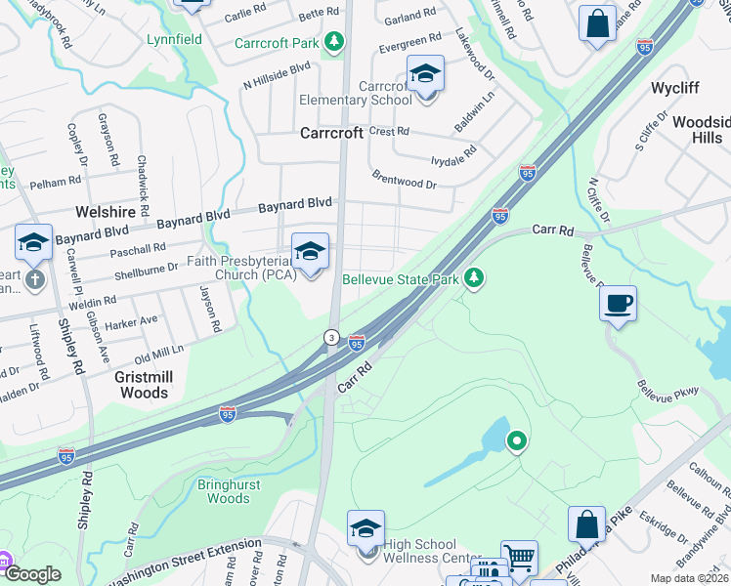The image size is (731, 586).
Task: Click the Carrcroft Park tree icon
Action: pyautogui.click(x=335, y=42)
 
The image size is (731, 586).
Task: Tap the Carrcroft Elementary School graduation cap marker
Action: pyautogui.click(x=425, y=74)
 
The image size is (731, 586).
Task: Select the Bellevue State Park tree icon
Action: pyautogui.click(x=474, y=279)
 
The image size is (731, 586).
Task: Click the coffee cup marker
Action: pyautogui.click(x=618, y=303)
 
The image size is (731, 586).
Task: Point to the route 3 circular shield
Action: pyautogui.click(x=332, y=337)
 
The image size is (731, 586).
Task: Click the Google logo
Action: pyautogui.click(x=32, y=574)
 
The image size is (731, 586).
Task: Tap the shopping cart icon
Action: pyautogui.click(x=519, y=558)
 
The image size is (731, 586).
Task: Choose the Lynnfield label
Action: pyautogui.click(x=172, y=40)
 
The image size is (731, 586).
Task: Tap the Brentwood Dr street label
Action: pyautogui.click(x=405, y=180)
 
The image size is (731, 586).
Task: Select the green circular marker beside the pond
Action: pyautogui.click(x=516, y=442)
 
